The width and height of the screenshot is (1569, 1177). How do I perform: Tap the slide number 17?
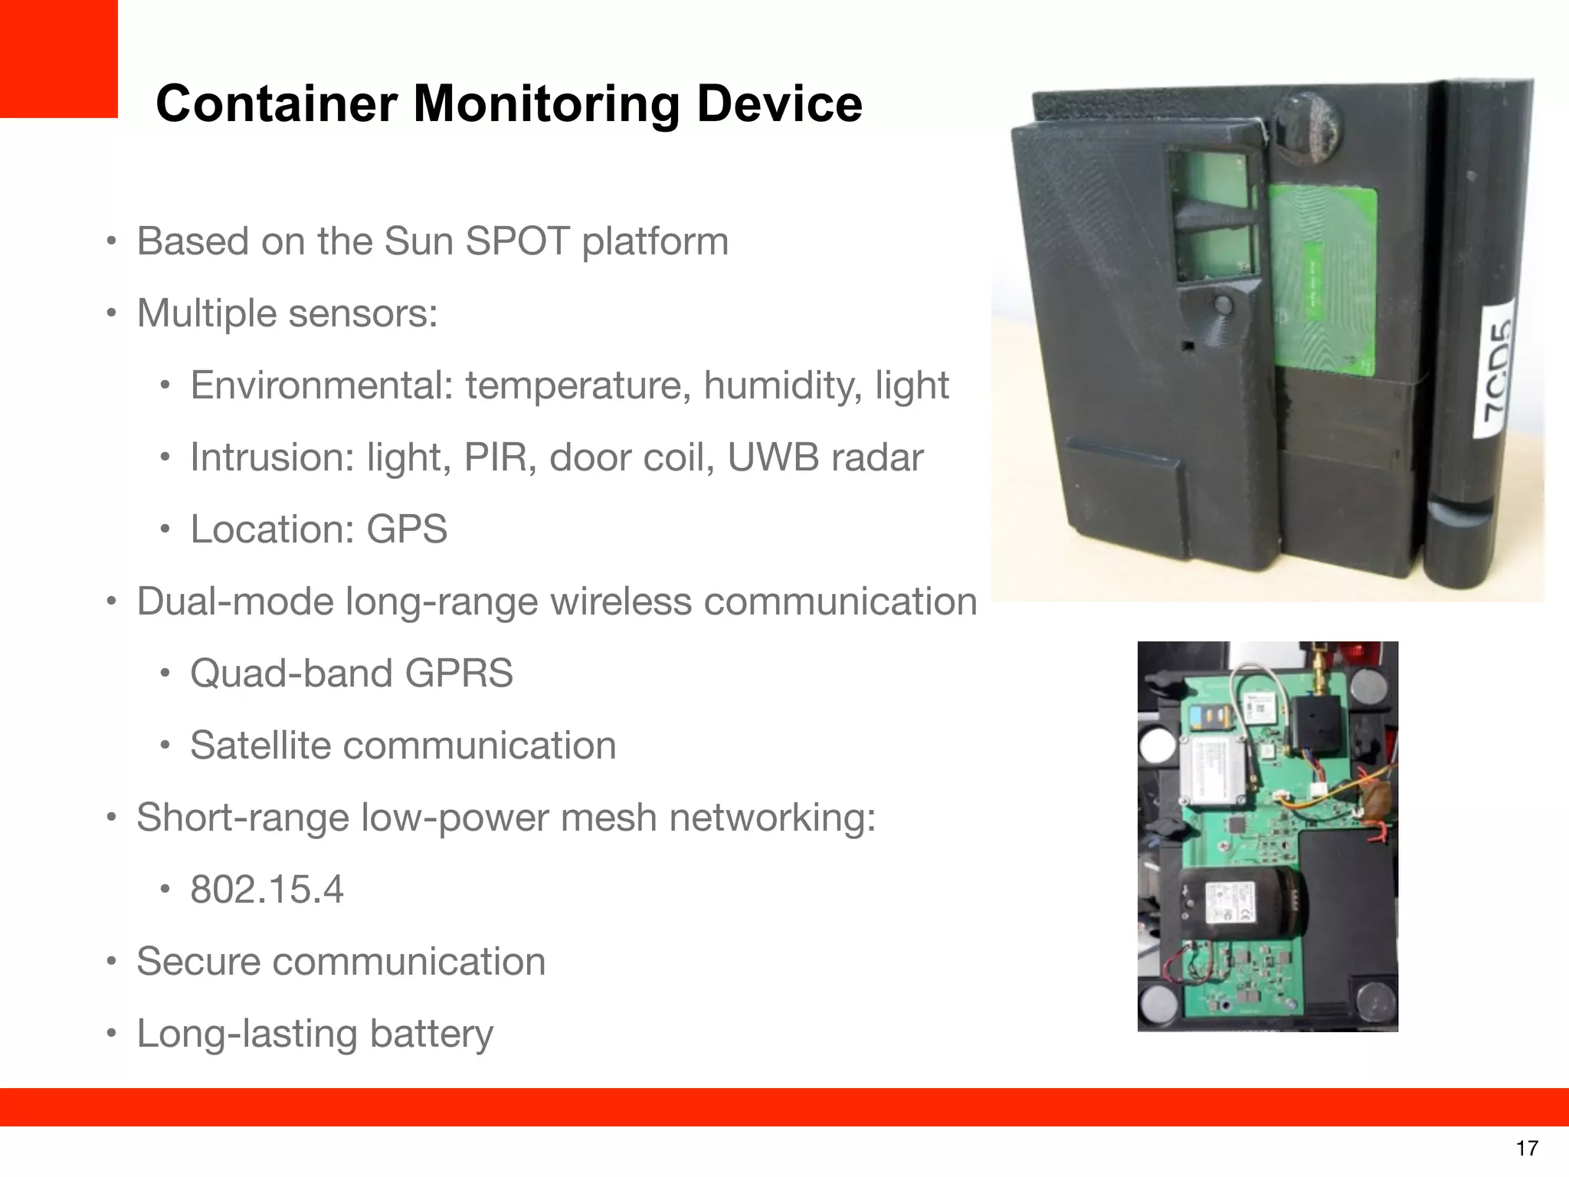coord(1526,1148)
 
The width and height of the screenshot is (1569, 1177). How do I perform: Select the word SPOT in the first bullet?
coord(516,241)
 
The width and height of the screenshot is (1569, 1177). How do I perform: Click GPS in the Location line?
coord(407,529)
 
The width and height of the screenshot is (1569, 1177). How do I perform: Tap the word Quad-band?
coord(291,674)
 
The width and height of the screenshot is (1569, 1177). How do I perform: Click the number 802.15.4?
coord(267,890)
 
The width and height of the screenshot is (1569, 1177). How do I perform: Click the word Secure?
coord(198,962)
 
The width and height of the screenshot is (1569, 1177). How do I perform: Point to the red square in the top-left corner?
coord(58,58)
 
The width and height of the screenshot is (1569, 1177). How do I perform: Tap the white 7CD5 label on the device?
coord(1498,369)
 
